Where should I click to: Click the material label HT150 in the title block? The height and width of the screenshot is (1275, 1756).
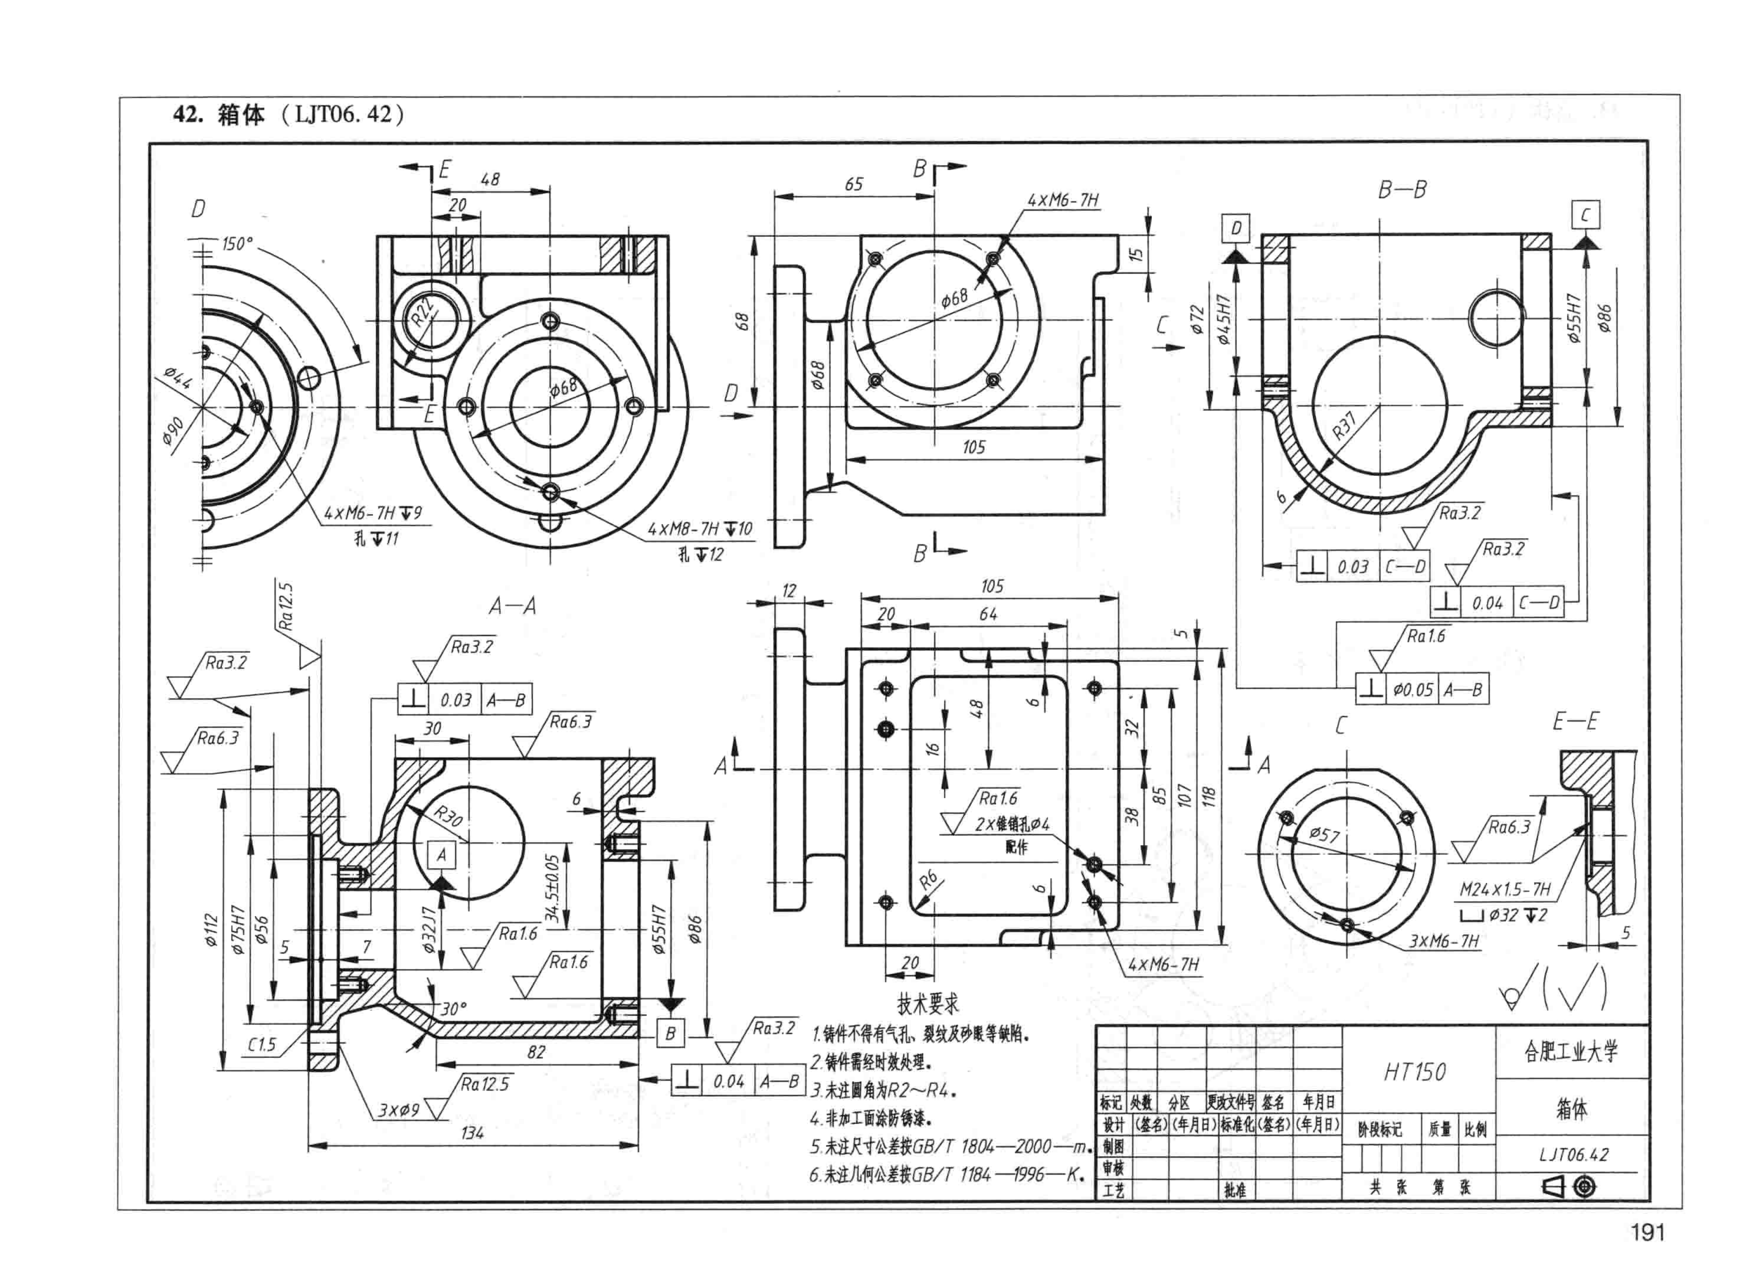pos(1415,1072)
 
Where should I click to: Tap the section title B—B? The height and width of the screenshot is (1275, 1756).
pos(1402,190)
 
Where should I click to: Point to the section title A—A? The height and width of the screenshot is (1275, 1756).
pos(512,606)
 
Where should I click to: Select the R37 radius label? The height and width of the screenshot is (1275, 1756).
pos(1345,425)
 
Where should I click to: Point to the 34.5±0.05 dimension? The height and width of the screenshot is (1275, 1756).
pos(552,888)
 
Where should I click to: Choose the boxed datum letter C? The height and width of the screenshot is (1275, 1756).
pos(1585,215)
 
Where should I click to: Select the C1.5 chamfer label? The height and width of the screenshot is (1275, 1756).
pos(262,1044)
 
